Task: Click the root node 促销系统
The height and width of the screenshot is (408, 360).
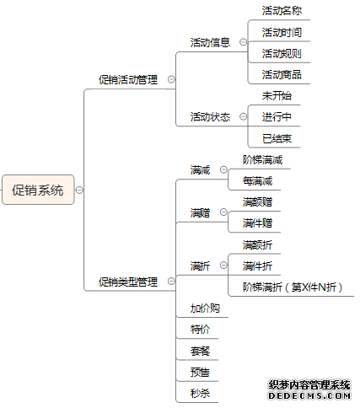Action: point(38,190)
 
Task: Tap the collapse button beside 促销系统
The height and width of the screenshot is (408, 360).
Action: point(79,191)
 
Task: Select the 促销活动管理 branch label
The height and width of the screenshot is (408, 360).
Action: point(128,80)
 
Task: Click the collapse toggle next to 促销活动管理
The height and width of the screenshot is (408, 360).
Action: point(171,79)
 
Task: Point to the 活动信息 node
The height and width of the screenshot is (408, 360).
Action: point(210,43)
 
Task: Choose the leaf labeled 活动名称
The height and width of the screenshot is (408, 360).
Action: point(282,11)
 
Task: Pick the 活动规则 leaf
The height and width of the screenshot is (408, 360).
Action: point(282,53)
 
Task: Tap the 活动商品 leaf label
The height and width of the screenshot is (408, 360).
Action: point(282,75)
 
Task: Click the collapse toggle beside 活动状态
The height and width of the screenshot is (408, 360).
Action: point(243,116)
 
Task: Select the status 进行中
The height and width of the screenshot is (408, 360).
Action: point(277,117)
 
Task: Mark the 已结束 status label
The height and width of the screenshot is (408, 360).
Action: point(277,138)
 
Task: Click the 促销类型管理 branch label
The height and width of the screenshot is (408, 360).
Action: point(128,282)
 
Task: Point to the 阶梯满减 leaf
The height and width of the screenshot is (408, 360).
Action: point(262,160)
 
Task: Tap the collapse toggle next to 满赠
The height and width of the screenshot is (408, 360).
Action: point(223,212)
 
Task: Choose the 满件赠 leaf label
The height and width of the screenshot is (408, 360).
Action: point(257,223)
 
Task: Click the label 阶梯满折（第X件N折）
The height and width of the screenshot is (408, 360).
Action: point(293,287)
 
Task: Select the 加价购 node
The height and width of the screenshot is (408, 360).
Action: point(205,309)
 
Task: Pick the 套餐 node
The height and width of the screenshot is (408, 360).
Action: point(200,351)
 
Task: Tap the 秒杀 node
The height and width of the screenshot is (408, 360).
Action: point(200,393)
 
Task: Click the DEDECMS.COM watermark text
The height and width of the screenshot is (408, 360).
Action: point(309,396)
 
